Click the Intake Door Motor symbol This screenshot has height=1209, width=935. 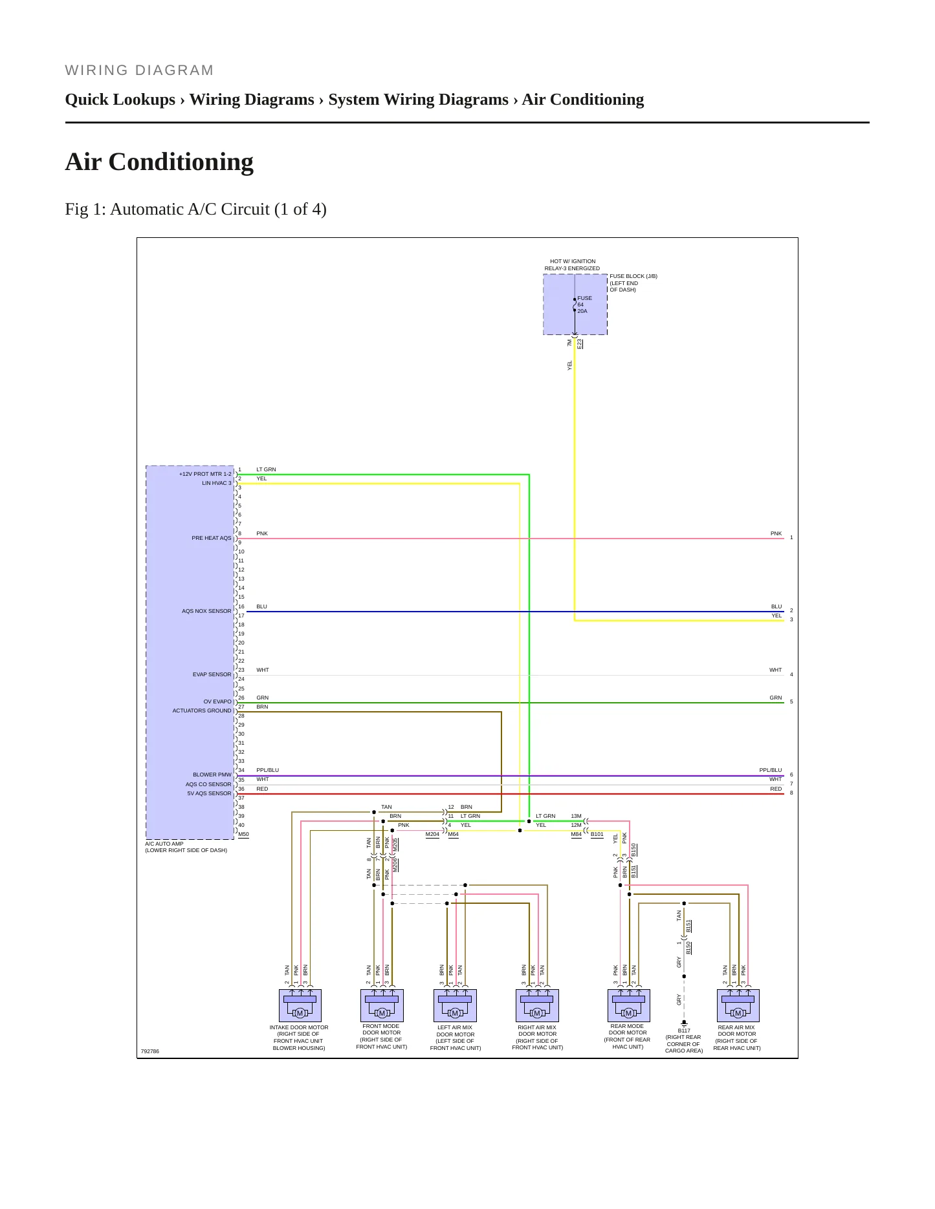click(x=300, y=1005)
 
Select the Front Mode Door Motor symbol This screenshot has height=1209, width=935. click(x=382, y=1005)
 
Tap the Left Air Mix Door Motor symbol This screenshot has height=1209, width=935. click(x=455, y=1005)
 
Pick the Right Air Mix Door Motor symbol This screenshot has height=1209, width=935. click(x=537, y=1005)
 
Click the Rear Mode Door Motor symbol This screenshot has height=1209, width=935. click(x=628, y=1005)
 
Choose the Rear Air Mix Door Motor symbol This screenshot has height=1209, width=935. click(x=738, y=1005)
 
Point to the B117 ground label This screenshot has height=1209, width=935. click(x=684, y=1031)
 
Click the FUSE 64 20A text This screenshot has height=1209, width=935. click(x=584, y=305)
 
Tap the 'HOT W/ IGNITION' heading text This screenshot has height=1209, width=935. click(x=573, y=262)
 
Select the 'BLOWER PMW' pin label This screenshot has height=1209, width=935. click(x=212, y=775)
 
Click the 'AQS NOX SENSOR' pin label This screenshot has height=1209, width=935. click(x=206, y=611)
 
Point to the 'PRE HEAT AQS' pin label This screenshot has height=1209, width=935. click(x=211, y=538)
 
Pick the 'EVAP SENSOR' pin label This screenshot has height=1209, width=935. click(x=212, y=674)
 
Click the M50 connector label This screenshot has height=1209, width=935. click(x=243, y=835)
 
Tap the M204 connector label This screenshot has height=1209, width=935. click(x=432, y=835)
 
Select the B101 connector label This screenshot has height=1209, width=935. click(x=597, y=835)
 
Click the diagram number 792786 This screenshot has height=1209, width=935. click(x=150, y=1051)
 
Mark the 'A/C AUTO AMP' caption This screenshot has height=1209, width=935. click(x=164, y=844)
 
